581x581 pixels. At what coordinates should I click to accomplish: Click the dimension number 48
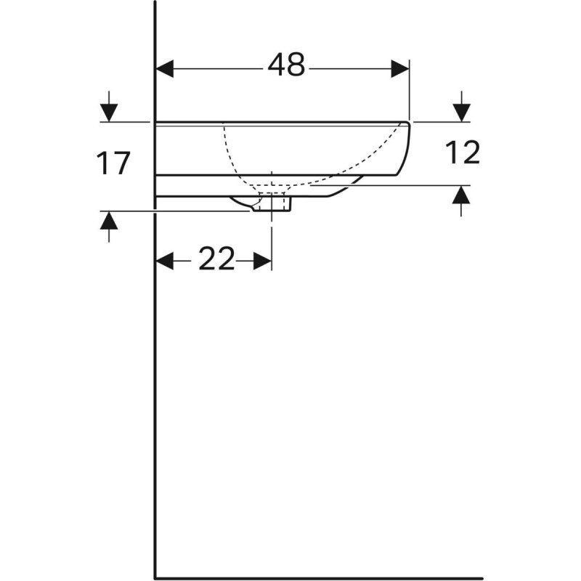click(286, 67)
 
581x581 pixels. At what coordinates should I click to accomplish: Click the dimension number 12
click(462, 153)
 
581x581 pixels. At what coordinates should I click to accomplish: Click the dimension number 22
click(216, 259)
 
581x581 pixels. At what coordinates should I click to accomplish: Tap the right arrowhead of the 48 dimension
click(401, 69)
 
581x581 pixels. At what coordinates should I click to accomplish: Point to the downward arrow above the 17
click(108, 109)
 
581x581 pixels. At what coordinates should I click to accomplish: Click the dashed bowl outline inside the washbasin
click(240, 163)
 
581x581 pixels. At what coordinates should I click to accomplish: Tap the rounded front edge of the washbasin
click(407, 149)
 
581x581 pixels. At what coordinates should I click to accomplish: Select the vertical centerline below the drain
click(272, 240)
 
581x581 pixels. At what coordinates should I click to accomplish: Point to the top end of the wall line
click(156, 4)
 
